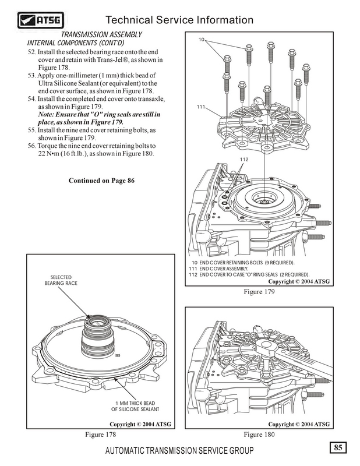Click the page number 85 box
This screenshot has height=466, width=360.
(338, 447)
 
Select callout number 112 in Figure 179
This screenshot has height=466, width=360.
(243, 158)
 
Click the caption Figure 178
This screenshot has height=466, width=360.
(102, 435)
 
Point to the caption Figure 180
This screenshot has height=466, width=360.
(259, 435)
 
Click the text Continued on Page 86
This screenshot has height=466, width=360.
(102, 181)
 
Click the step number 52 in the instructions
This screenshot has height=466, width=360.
(32, 52)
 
